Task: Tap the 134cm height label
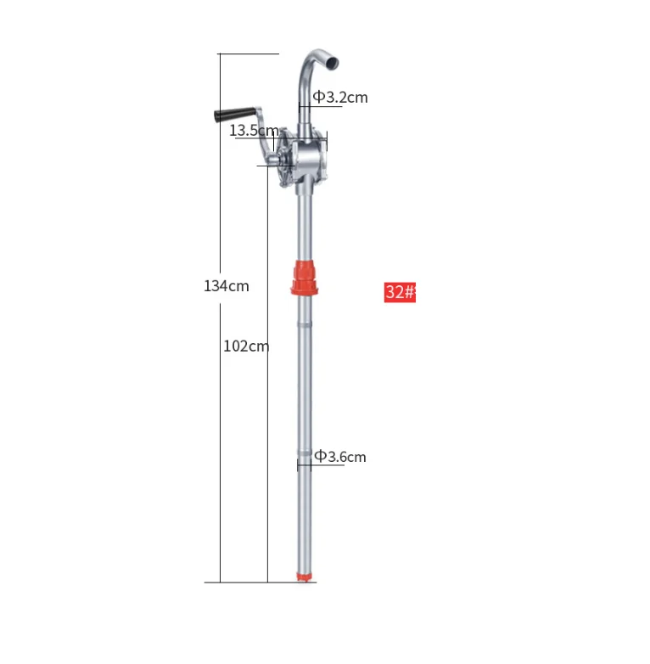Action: [x=227, y=286]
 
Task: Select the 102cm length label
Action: [x=246, y=346]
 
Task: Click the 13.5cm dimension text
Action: [x=254, y=131]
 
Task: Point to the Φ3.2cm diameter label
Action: [x=339, y=98]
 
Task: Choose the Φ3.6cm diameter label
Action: [x=340, y=457]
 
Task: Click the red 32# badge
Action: [x=400, y=292]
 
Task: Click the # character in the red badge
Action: [x=411, y=292]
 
